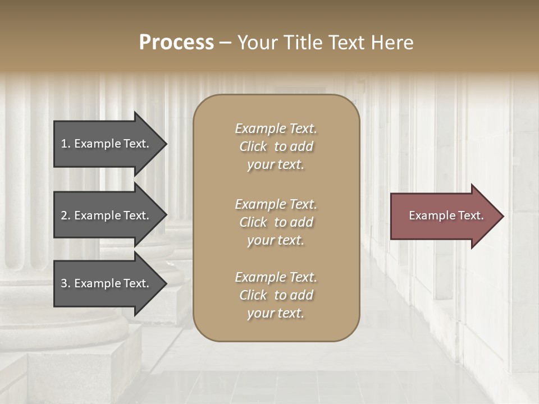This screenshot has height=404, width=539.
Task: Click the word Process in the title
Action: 176,43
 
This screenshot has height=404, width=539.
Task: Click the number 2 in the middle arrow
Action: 64,215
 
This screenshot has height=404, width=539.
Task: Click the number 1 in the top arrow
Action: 64,144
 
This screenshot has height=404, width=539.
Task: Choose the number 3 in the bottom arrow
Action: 64,283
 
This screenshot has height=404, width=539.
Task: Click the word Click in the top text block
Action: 253,146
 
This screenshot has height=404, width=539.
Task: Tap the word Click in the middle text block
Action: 253,222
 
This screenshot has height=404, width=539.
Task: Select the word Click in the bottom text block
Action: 253,295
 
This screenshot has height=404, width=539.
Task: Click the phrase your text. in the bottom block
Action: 276,314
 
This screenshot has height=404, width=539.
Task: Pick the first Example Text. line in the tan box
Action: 276,128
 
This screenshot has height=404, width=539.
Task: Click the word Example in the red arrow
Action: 427,215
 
